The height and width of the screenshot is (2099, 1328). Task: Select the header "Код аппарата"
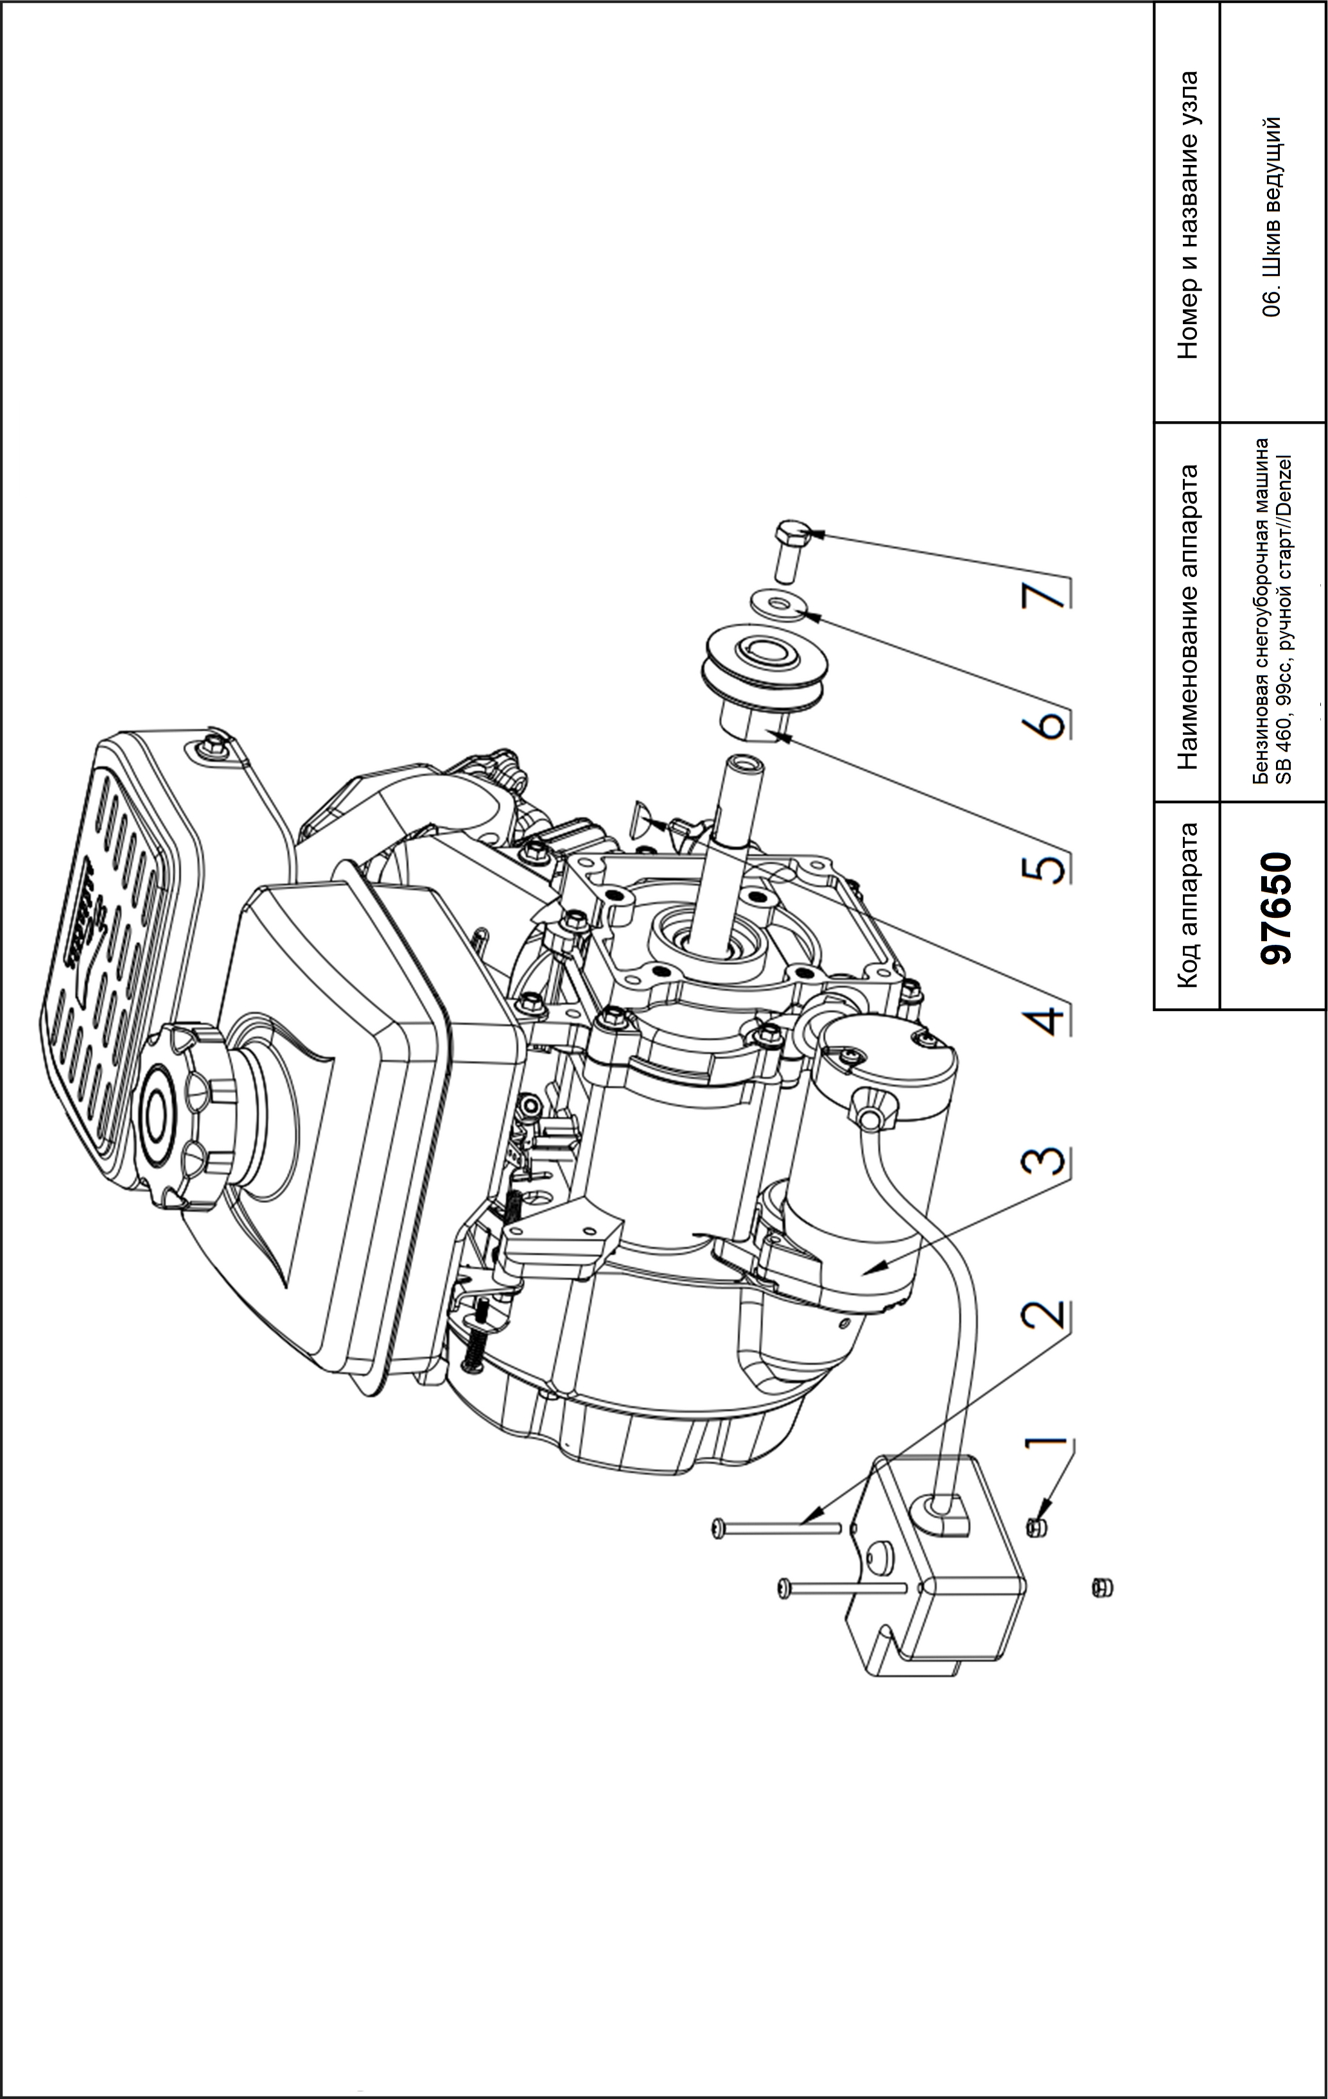click(1187, 906)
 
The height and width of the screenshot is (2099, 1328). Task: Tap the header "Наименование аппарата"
click(1187, 614)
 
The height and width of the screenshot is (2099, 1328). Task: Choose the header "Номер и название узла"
click(1187, 214)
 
